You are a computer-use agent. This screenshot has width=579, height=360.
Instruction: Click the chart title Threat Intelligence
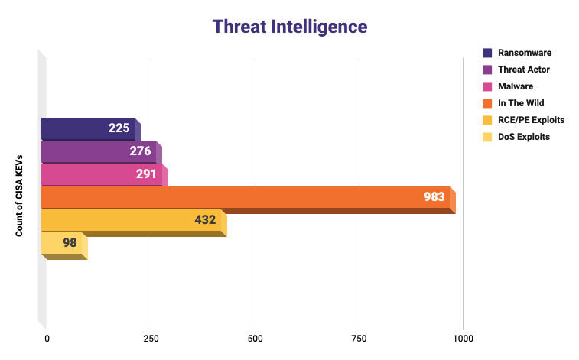290,27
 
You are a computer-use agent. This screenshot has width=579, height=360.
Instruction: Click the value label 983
434,197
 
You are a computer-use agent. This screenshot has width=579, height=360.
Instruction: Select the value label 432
205,220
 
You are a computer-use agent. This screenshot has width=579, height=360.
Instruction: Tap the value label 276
141,151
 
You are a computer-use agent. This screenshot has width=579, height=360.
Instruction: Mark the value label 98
70,243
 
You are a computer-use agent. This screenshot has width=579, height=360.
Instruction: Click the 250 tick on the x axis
151,339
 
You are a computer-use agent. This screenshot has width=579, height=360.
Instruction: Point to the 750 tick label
359,339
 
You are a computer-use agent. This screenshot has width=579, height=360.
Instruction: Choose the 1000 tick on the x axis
463,339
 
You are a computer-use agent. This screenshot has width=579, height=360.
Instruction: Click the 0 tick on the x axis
47,339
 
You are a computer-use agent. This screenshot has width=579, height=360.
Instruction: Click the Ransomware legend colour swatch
487,53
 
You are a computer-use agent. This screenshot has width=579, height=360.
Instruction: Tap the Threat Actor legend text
524,70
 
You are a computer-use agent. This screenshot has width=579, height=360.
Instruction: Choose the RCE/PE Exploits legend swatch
487,120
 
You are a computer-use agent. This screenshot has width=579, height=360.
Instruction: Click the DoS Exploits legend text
524,137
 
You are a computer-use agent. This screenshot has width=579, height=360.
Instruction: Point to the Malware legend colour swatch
487,86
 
